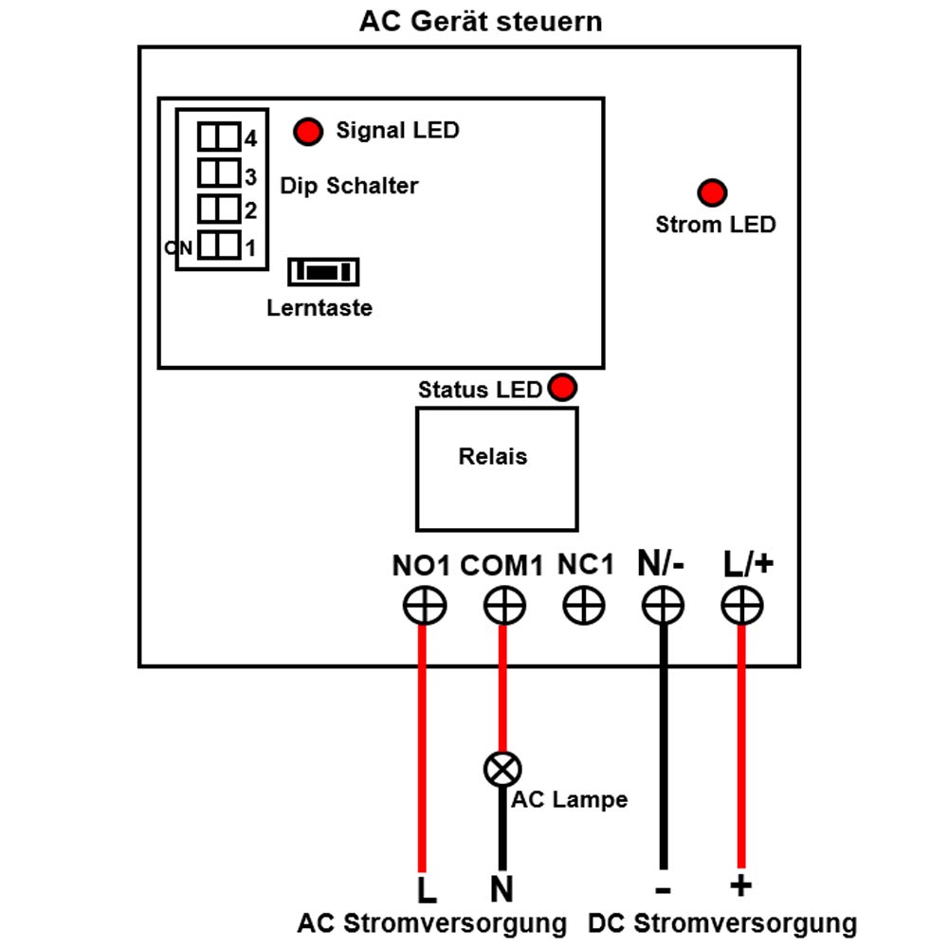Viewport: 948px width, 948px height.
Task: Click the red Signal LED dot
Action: tap(308, 131)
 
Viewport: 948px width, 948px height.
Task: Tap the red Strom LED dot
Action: tap(712, 192)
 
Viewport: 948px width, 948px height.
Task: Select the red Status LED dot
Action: tap(562, 387)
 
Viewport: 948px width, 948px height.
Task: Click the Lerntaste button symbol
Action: tap(323, 271)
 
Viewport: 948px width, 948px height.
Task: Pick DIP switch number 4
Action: tap(219, 137)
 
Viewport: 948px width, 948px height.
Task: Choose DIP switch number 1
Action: tap(219, 246)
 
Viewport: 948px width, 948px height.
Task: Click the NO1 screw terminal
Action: tap(425, 605)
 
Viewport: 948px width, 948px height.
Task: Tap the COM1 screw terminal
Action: tap(504, 605)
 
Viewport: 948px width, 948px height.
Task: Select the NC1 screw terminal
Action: tap(583, 605)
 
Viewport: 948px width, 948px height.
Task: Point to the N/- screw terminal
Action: tap(663, 605)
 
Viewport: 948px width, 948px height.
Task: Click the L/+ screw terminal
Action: tap(742, 605)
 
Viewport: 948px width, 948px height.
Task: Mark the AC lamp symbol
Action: tap(502, 769)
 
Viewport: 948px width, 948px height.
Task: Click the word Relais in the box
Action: tap(493, 457)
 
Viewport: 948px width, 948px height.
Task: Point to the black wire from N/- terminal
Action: tap(664, 747)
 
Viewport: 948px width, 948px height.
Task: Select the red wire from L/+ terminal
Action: tap(741, 747)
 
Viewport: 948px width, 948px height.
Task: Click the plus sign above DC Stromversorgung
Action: tap(740, 885)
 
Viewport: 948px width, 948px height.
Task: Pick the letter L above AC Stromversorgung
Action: tap(427, 889)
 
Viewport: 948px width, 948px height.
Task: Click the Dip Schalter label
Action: tap(349, 186)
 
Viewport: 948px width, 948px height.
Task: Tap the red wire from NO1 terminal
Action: tap(422, 749)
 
